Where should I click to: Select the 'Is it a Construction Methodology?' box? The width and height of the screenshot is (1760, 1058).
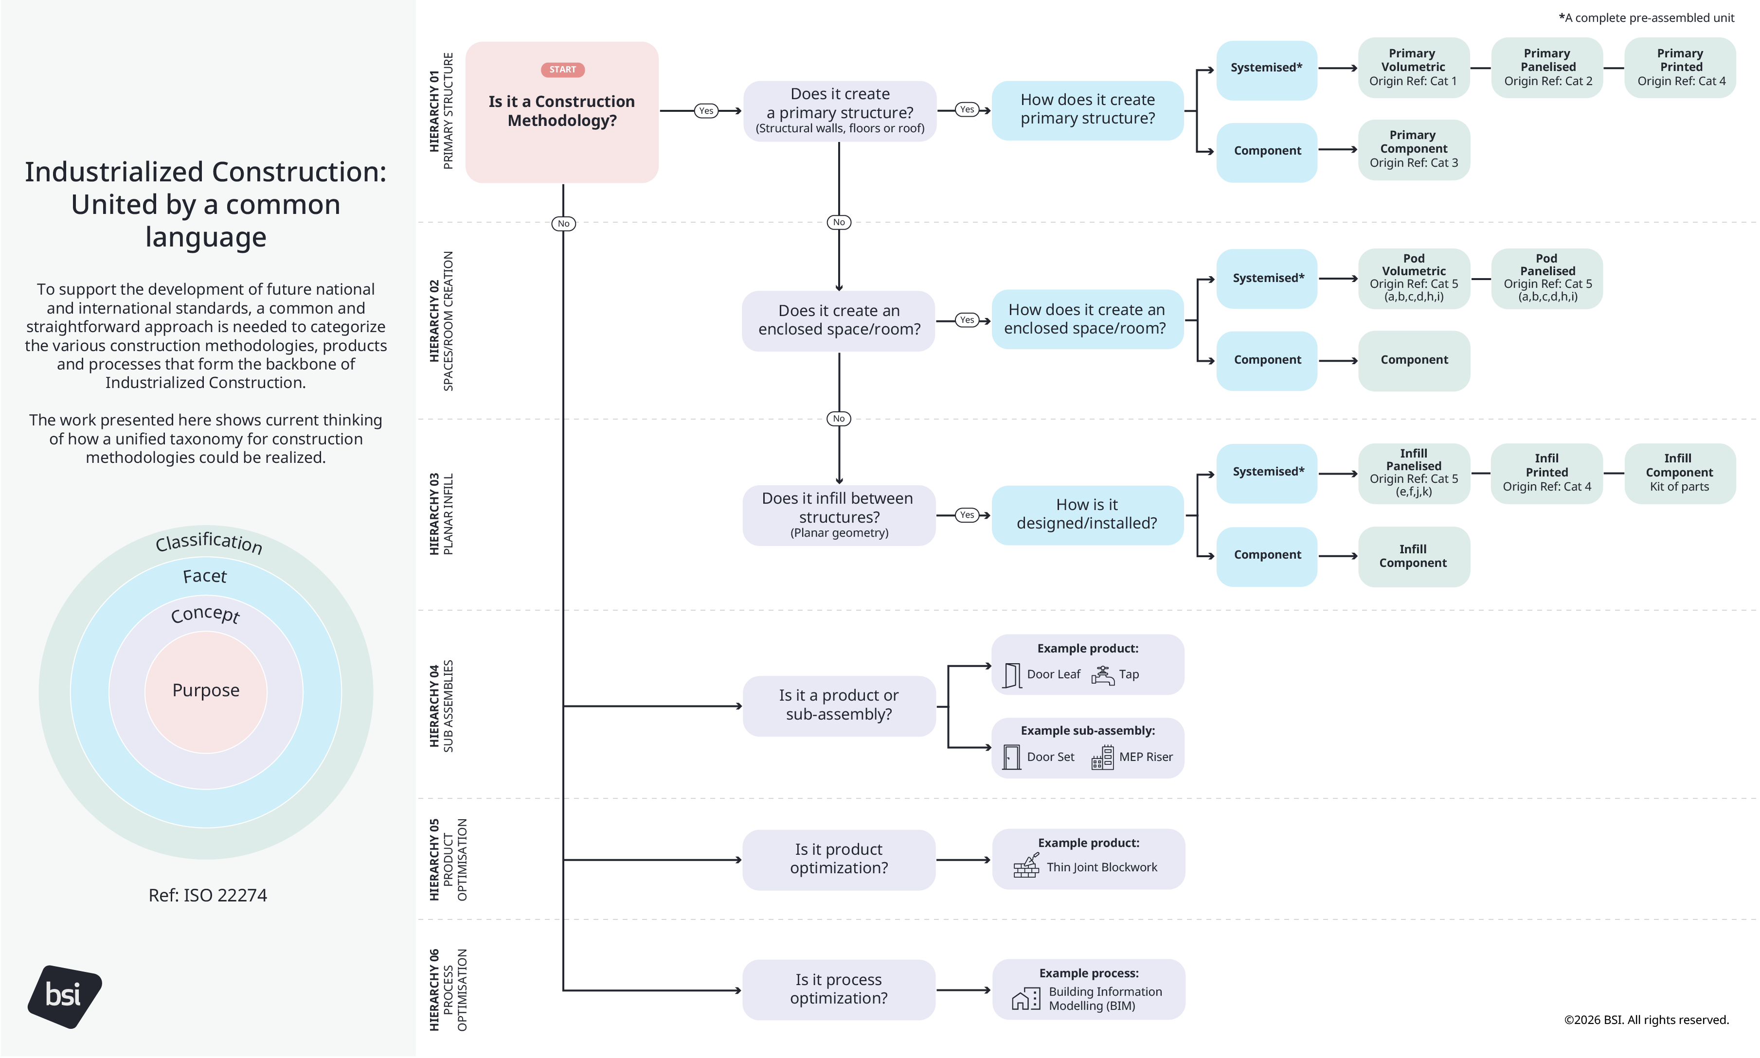pyautogui.click(x=561, y=112)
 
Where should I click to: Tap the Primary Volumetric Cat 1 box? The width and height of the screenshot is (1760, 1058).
pyautogui.click(x=1413, y=68)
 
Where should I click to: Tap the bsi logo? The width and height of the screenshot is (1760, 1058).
pyautogui.click(x=64, y=996)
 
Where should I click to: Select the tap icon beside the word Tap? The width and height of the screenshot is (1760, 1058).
pyautogui.click(x=1102, y=674)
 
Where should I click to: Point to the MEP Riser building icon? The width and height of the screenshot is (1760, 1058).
pyautogui.click(x=1102, y=757)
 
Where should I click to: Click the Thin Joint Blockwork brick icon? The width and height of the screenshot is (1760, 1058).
pyautogui.click(x=1026, y=866)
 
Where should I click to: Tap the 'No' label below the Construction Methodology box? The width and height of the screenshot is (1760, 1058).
pyautogui.click(x=563, y=224)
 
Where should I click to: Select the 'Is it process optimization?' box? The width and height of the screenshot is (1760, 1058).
pyautogui.click(x=838, y=989)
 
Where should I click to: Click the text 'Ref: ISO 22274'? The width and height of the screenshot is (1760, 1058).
pyautogui.click(x=208, y=896)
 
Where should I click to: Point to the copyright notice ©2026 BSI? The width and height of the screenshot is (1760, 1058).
pyautogui.click(x=1645, y=1020)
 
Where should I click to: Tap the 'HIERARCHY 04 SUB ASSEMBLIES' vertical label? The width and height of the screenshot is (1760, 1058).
pyautogui.click(x=441, y=706)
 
